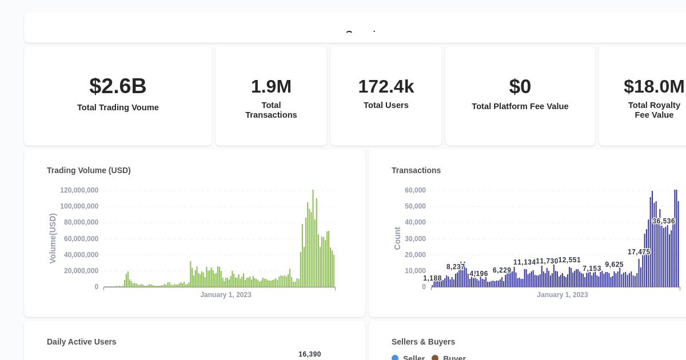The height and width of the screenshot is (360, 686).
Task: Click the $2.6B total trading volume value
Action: (118, 86)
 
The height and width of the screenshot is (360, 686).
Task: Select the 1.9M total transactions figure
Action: (271, 86)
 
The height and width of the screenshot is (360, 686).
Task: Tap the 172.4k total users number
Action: (386, 86)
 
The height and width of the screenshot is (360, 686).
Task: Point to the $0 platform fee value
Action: (520, 86)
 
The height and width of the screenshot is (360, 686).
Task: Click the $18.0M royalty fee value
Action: (654, 86)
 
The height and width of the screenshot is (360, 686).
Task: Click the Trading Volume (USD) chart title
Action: (89, 170)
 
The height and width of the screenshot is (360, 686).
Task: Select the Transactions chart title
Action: (416, 170)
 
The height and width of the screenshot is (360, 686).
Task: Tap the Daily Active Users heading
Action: (81, 342)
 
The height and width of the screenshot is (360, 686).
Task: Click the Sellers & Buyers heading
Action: (423, 342)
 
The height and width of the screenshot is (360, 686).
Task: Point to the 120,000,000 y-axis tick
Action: (79, 190)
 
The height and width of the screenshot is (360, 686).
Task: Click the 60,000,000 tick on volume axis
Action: (81, 239)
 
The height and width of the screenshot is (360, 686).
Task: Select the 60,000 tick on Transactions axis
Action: (415, 190)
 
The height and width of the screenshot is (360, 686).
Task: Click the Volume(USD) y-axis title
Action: (53, 238)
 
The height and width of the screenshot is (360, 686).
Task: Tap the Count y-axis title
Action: (397, 238)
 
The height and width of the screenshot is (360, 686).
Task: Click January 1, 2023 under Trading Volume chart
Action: (225, 295)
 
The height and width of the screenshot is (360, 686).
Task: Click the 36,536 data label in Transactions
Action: (663, 221)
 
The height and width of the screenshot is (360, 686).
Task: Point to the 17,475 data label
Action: (639, 252)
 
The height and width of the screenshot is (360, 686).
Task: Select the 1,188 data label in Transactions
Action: (432, 278)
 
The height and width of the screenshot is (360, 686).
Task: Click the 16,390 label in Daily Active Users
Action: (309, 354)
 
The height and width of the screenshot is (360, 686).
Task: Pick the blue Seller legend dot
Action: (395, 358)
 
